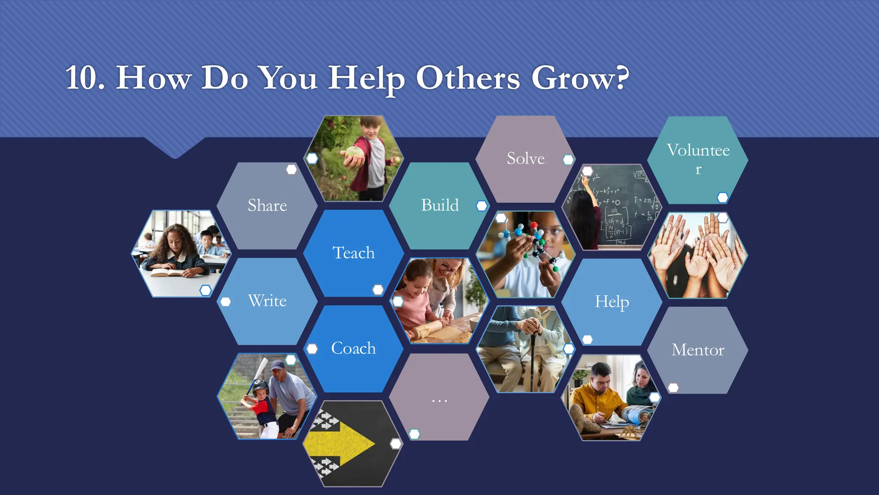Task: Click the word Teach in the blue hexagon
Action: click(x=354, y=253)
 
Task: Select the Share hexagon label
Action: click(x=267, y=205)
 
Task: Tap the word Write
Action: click(x=267, y=300)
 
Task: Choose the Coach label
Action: click(x=353, y=348)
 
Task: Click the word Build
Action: click(x=440, y=205)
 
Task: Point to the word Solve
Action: click(x=525, y=158)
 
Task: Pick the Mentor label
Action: click(x=697, y=350)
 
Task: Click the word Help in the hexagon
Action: click(x=612, y=301)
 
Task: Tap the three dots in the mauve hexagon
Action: click(x=439, y=401)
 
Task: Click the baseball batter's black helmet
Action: click(x=260, y=387)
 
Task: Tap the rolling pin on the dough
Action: click(x=422, y=331)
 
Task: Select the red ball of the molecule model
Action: click(x=534, y=225)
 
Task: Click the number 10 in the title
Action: click(x=85, y=78)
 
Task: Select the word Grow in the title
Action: click(x=579, y=78)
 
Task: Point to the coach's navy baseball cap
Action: click(x=278, y=366)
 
